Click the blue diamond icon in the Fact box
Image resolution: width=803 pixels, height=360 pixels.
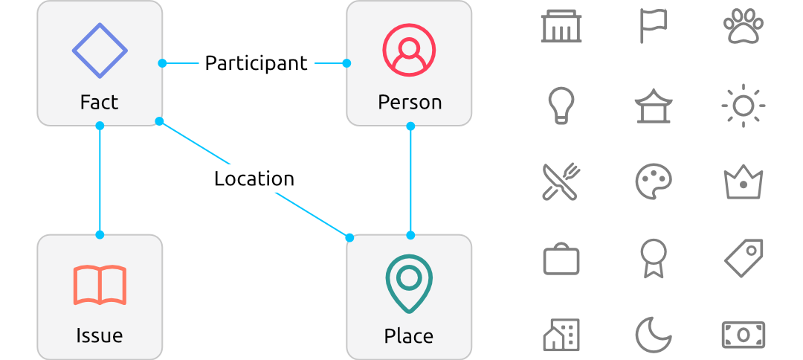click(x=100, y=51)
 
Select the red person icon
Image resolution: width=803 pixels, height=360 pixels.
click(x=409, y=51)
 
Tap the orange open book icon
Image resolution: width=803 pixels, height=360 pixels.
click(x=100, y=285)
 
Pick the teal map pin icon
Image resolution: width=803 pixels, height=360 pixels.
click(x=409, y=283)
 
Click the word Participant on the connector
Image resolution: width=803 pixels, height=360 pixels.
click(x=256, y=63)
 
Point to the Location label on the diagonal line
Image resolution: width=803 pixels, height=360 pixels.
click(x=254, y=179)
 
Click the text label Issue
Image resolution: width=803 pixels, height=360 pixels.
click(x=99, y=335)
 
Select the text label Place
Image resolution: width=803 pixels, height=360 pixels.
click(x=408, y=335)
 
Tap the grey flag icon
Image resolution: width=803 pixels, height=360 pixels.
click(x=653, y=26)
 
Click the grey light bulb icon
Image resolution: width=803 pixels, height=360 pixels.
click(x=561, y=105)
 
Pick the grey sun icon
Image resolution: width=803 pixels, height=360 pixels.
click(x=744, y=106)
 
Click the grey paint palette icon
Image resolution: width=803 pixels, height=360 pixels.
click(x=654, y=181)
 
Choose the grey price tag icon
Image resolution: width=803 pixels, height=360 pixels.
click(x=744, y=258)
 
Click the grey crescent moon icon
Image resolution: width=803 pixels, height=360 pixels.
click(x=653, y=335)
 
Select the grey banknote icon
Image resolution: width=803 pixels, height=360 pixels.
click(x=744, y=335)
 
